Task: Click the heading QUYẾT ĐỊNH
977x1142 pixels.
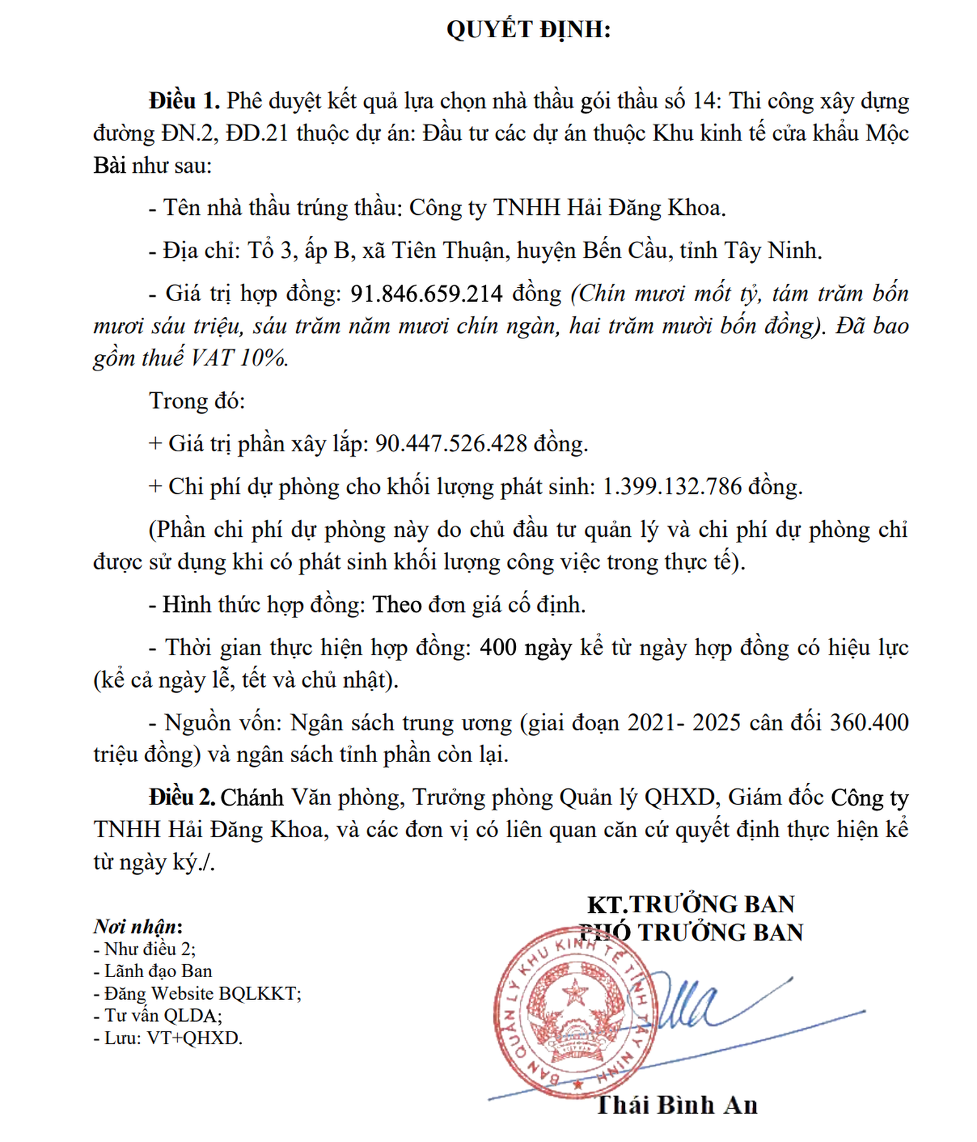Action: [528, 29]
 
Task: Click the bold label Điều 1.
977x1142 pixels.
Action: [183, 101]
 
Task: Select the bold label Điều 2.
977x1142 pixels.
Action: [182, 797]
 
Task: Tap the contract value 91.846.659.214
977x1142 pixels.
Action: [426, 294]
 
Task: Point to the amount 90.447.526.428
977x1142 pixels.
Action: [451, 443]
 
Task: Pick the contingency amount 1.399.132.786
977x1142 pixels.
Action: [672, 487]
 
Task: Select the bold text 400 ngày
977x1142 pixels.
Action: [526, 647]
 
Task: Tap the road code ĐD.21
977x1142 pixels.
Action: [256, 133]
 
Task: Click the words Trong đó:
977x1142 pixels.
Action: [197, 401]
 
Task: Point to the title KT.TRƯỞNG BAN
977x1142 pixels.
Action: [691, 904]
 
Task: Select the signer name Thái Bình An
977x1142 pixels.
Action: [677, 1105]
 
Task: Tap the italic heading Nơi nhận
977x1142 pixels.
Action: [137, 926]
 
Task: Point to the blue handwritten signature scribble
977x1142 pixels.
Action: [690, 1008]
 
